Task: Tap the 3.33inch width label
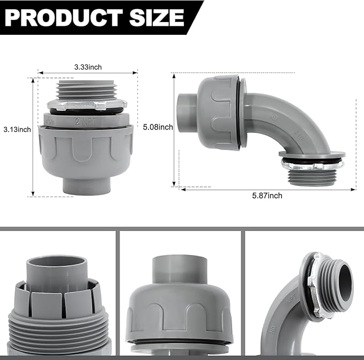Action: (x=88, y=67)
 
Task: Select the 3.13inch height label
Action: (x=17, y=129)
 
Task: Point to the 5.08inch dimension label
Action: (x=158, y=127)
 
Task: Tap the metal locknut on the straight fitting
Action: (x=87, y=104)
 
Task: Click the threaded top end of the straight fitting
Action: (x=87, y=89)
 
